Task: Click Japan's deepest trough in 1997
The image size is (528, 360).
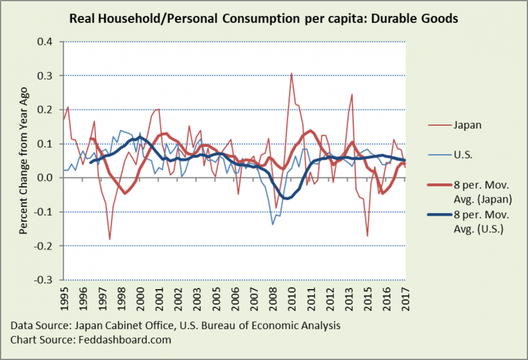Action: (x=110, y=239)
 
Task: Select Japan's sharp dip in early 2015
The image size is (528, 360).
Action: (x=368, y=236)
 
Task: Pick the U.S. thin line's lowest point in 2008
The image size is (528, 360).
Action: (x=272, y=224)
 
